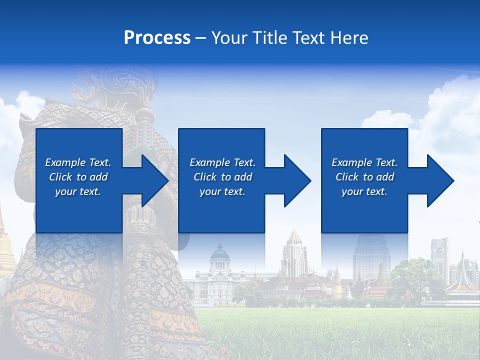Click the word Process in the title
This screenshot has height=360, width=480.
(157, 38)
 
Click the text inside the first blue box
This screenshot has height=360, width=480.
(78, 177)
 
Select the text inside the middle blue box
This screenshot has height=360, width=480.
(222, 177)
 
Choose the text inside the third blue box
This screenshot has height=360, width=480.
(364, 177)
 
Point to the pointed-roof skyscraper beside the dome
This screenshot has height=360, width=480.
(293, 252)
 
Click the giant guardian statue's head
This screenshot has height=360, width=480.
(112, 82)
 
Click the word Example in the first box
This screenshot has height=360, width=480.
(65, 162)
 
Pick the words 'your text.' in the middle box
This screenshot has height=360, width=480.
(222, 191)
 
